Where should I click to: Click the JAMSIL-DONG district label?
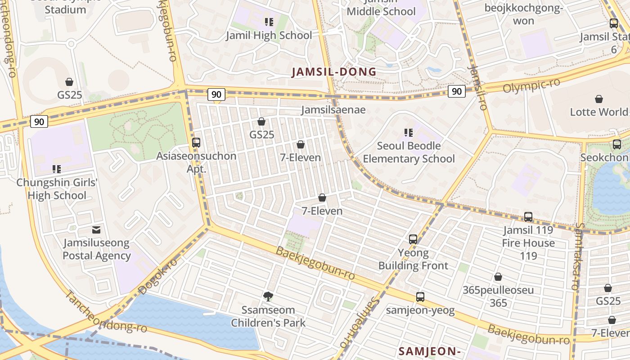[334, 72]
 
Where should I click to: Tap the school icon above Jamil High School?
[269, 22]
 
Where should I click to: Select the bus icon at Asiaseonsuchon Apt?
[196, 143]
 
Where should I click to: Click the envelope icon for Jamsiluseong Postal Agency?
[96, 229]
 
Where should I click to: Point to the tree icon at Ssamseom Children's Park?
[268, 296]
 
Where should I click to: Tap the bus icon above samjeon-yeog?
[420, 297]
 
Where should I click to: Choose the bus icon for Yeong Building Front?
[413, 239]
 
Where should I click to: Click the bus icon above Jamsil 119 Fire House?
[528, 217]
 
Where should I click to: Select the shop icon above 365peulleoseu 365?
[498, 277]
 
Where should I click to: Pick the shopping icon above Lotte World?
[599, 99]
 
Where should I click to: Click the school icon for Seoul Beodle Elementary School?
[409, 132]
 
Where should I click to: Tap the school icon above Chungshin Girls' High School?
[57, 169]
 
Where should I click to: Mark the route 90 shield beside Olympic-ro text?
[456, 91]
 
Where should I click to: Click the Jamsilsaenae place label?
[333, 109]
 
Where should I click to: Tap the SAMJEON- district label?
[429, 351]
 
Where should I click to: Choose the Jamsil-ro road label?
[477, 88]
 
